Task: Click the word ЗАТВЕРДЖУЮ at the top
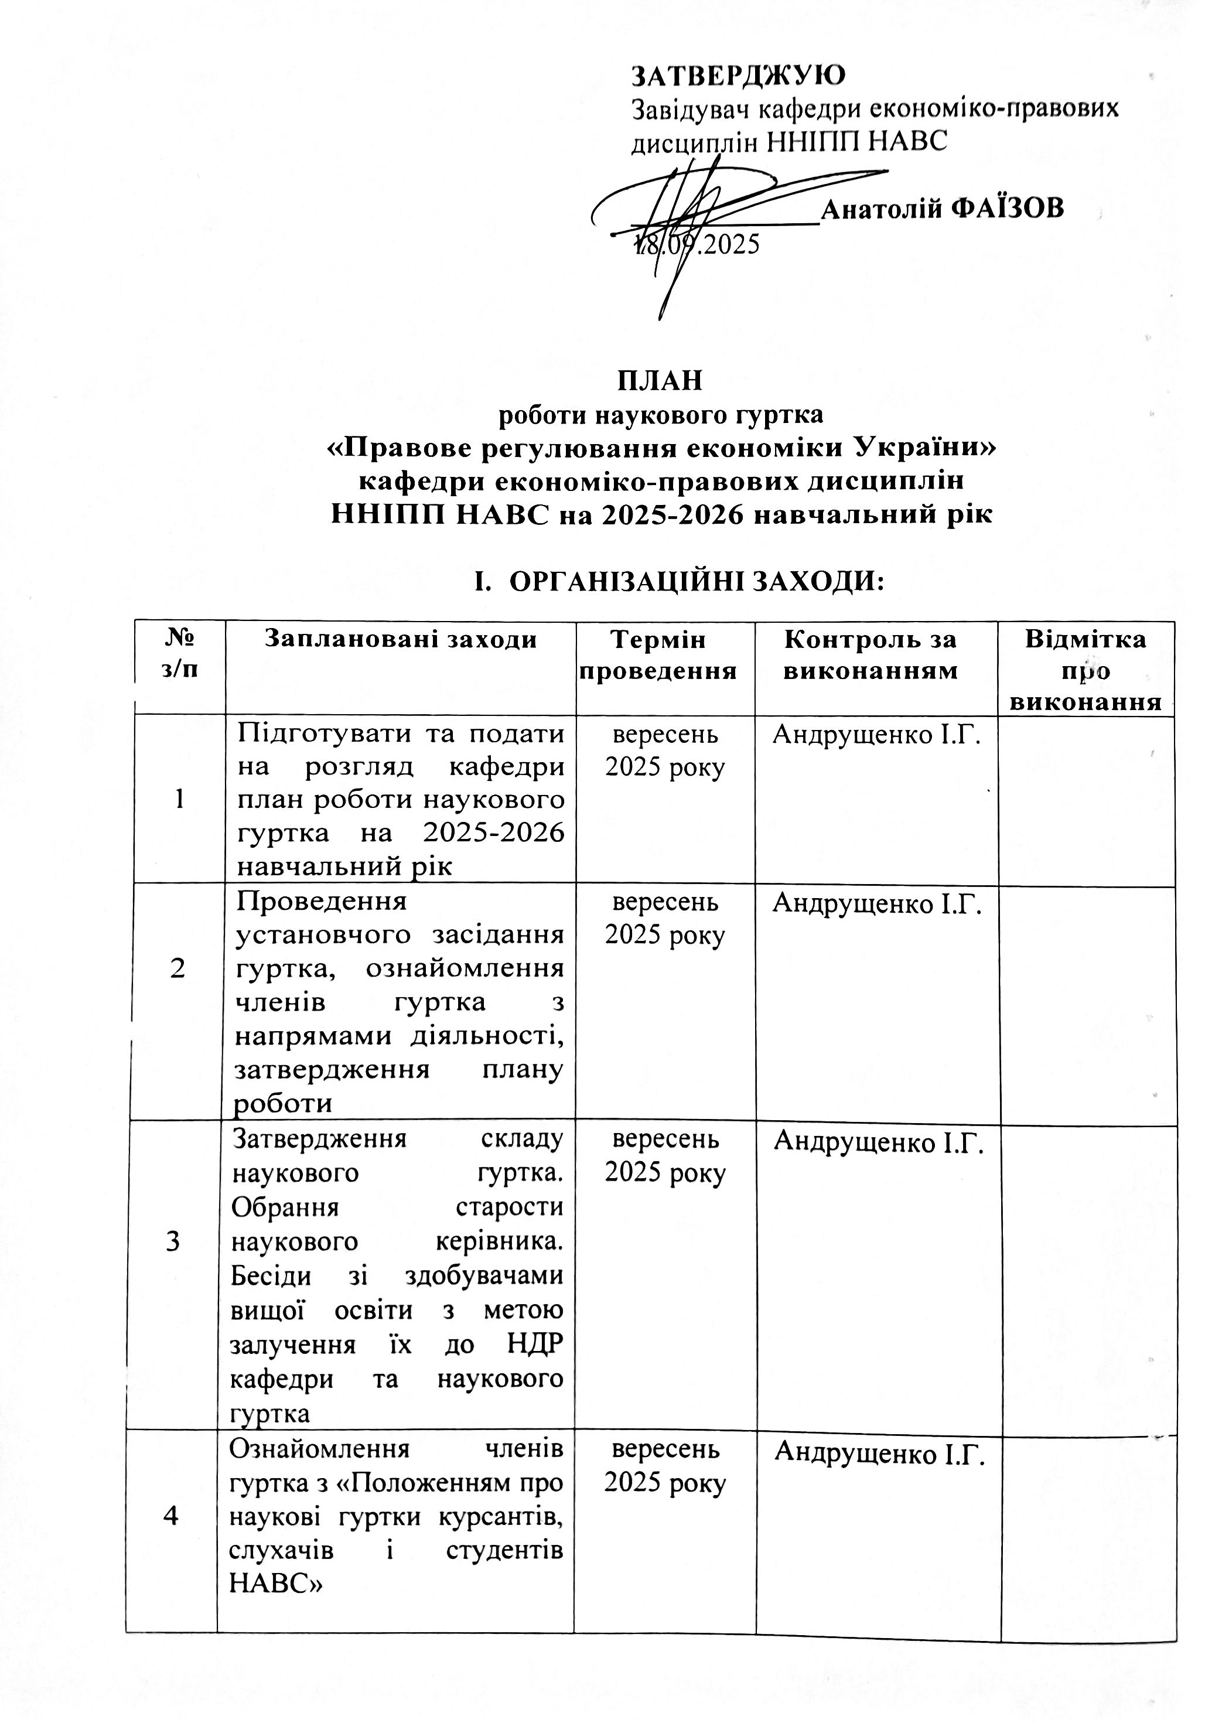pos(739,75)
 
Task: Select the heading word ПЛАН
pos(660,380)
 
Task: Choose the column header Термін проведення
pos(665,654)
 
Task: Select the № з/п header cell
pos(179,654)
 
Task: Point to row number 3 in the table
pos(173,1241)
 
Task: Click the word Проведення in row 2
pos(321,900)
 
